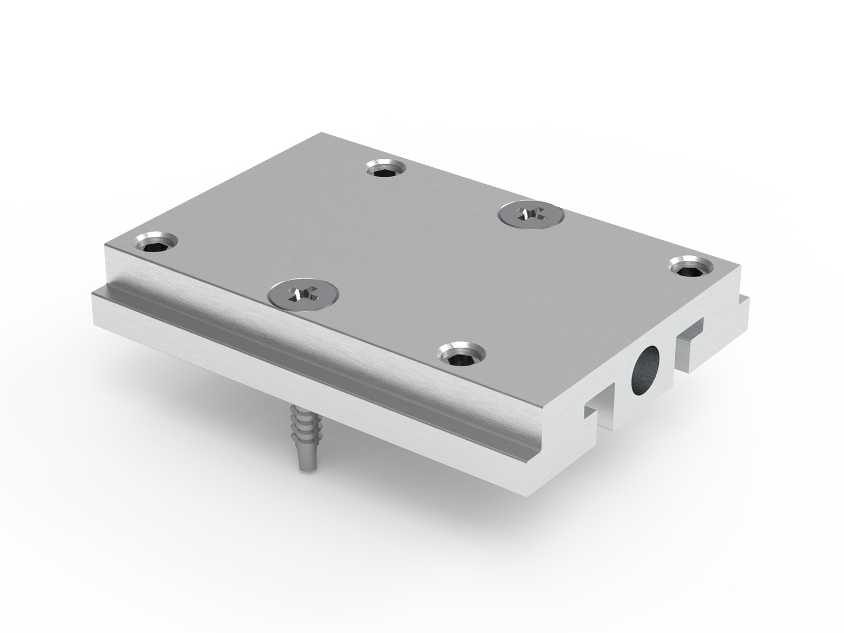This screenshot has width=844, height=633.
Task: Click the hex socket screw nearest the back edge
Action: tap(387, 169)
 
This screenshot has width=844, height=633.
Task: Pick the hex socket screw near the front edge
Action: tap(462, 353)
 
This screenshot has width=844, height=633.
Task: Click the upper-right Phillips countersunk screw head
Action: tap(531, 214)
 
